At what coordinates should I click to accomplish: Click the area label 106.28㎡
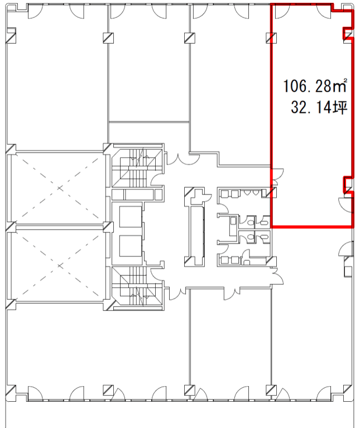coord(315,85)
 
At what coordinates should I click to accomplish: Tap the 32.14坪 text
coord(319,107)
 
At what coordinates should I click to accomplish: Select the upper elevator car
coord(131,217)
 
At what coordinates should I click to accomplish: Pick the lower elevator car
coord(131,246)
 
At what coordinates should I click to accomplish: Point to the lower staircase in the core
coord(137,287)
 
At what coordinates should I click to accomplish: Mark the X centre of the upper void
coord(60,188)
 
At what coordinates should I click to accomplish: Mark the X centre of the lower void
coord(60,265)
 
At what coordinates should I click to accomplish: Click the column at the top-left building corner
coord(11,36)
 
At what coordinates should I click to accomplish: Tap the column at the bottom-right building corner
coord(347,390)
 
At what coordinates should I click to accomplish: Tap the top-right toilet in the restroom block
coord(264,221)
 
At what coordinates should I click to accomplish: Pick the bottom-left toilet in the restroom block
coord(251,237)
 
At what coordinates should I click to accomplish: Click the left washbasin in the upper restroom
coord(224,194)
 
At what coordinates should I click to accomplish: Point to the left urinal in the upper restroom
coord(247,192)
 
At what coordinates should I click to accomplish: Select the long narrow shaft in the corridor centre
coord(197,231)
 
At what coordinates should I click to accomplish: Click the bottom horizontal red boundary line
coord(312,226)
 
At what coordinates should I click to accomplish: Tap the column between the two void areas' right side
coord(108,227)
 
